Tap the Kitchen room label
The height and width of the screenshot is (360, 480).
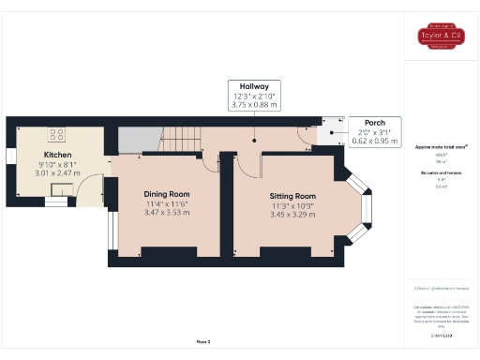(x=57, y=155)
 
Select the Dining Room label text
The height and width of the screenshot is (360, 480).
(x=167, y=193)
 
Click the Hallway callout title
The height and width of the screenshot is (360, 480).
(x=255, y=85)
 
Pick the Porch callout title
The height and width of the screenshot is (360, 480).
(x=374, y=122)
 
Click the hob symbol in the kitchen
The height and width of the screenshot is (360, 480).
(x=57, y=134)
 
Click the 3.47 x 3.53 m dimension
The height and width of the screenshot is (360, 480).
(x=167, y=214)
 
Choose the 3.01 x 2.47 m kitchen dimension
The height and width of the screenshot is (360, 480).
(x=57, y=173)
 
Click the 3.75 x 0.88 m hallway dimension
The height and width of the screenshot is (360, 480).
(x=255, y=105)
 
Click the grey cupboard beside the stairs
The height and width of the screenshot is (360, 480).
(x=136, y=140)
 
